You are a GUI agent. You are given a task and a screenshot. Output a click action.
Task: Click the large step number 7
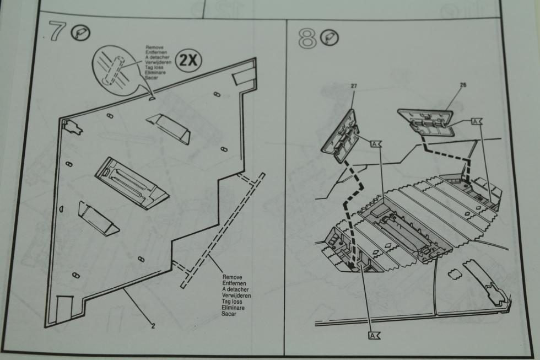56,32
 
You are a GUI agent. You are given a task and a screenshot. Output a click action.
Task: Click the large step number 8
307,39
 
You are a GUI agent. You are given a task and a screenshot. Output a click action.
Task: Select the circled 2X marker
189,60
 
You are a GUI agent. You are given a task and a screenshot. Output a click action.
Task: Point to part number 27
354,86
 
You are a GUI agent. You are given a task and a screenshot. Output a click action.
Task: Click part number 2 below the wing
153,325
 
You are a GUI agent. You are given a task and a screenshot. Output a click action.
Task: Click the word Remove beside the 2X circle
154,47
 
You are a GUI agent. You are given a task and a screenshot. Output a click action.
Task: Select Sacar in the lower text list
230,313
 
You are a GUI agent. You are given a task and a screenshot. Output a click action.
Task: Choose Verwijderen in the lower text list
236,295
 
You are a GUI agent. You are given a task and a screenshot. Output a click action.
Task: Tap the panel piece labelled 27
342,135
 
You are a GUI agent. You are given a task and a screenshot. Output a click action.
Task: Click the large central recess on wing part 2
132,182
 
